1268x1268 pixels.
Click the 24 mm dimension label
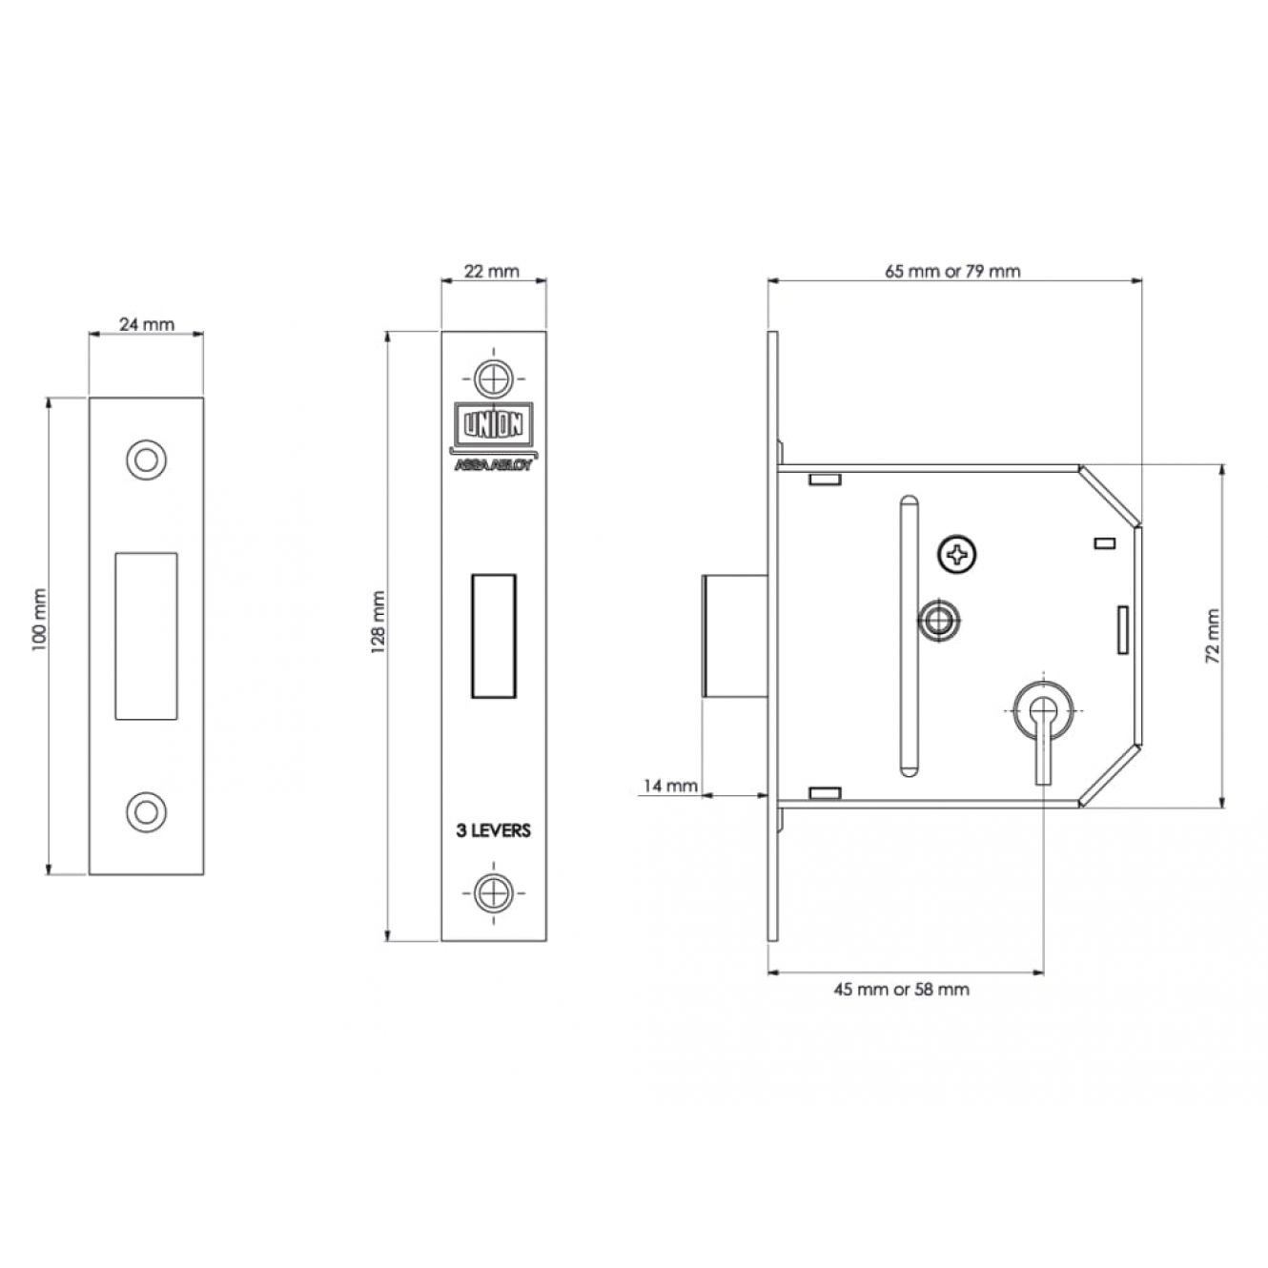click(146, 324)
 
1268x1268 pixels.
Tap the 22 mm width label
click(492, 272)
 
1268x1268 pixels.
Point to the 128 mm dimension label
click(378, 622)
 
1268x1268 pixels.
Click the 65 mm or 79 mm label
click(952, 272)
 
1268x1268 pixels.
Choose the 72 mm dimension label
click(1212, 636)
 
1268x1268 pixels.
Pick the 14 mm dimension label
click(669, 786)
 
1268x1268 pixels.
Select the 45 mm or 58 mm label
click(901, 989)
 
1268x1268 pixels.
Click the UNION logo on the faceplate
click(494, 424)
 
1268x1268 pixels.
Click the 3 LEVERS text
click(493, 830)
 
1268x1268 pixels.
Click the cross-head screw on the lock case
click(957, 555)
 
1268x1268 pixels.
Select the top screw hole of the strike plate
click(146, 460)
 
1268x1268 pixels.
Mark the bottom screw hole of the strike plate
click(146, 812)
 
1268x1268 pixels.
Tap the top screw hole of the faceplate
click(493, 378)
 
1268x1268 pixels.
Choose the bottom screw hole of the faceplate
click(493, 893)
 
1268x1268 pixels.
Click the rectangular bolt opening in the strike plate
click(146, 635)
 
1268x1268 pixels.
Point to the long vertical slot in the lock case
click(910, 636)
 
